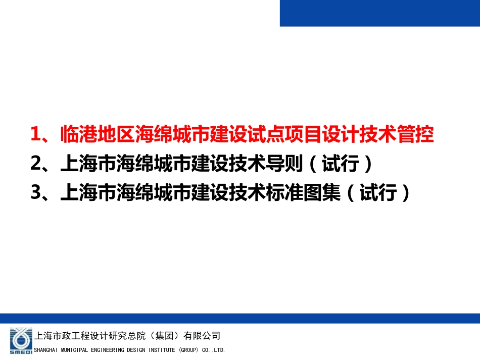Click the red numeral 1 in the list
pos(35,135)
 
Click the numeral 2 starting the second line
pos(35,164)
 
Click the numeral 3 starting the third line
pos(35,192)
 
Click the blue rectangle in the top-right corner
pos(380,13)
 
